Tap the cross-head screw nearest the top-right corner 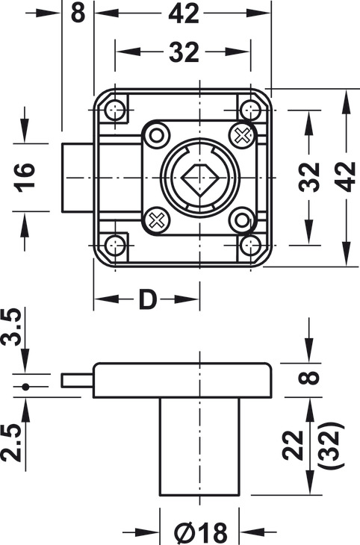242,135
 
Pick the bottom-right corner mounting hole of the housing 251,245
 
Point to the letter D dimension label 148,299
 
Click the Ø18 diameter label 200,532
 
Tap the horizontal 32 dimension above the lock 182,52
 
